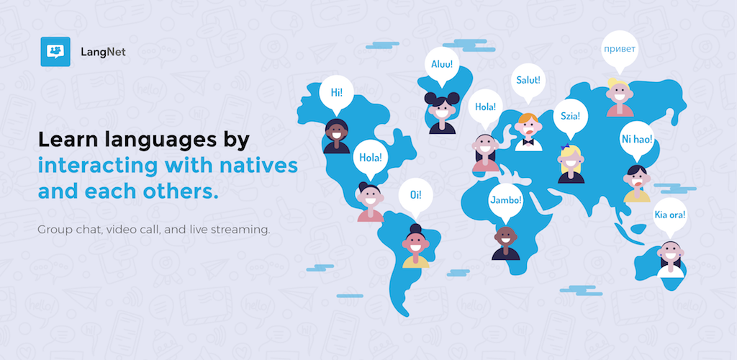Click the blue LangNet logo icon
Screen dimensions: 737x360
[x=55, y=52]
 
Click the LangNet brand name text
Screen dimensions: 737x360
[x=103, y=52]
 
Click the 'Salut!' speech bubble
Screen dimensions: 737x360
[x=528, y=82]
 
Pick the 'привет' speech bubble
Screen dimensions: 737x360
[x=620, y=51]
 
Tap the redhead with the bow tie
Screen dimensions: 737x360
[x=528, y=132]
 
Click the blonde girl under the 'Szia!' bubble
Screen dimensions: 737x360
[x=571, y=163]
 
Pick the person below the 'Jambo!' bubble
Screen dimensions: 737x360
[x=506, y=243]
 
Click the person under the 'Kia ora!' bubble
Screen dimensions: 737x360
[x=670, y=259]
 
